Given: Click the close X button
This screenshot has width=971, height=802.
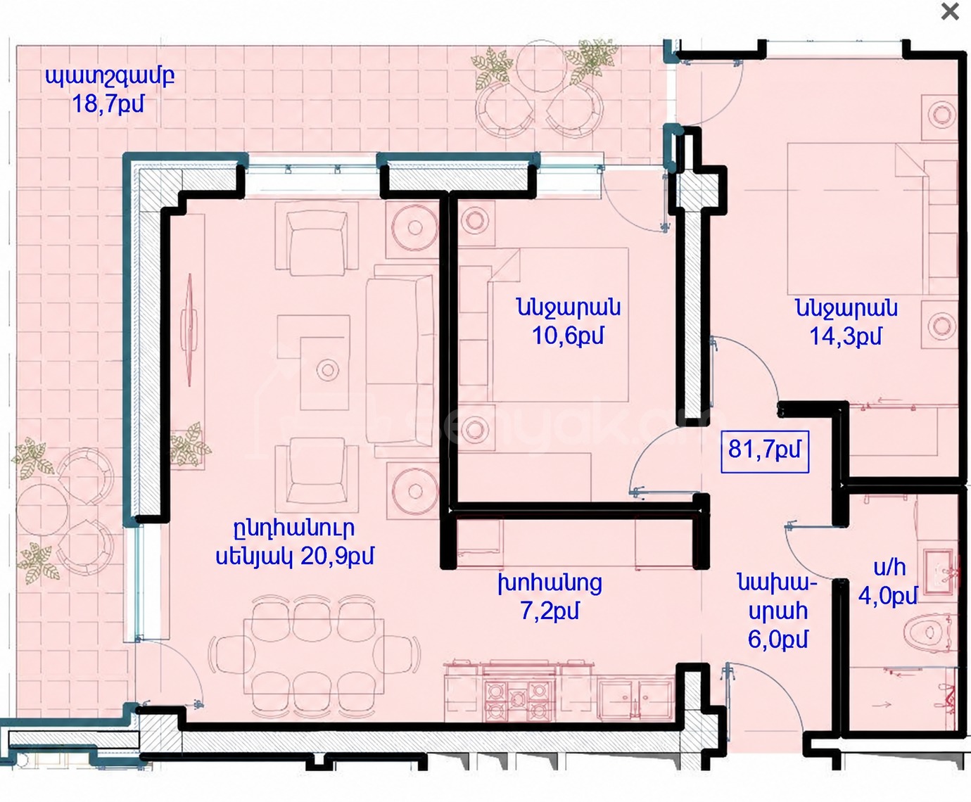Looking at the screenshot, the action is (x=950, y=12).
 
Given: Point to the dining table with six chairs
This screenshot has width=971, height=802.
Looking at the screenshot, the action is (x=314, y=656).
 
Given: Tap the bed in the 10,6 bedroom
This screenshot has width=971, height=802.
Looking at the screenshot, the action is (x=558, y=324).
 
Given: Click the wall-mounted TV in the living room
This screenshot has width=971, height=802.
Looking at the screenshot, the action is (x=190, y=330).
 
